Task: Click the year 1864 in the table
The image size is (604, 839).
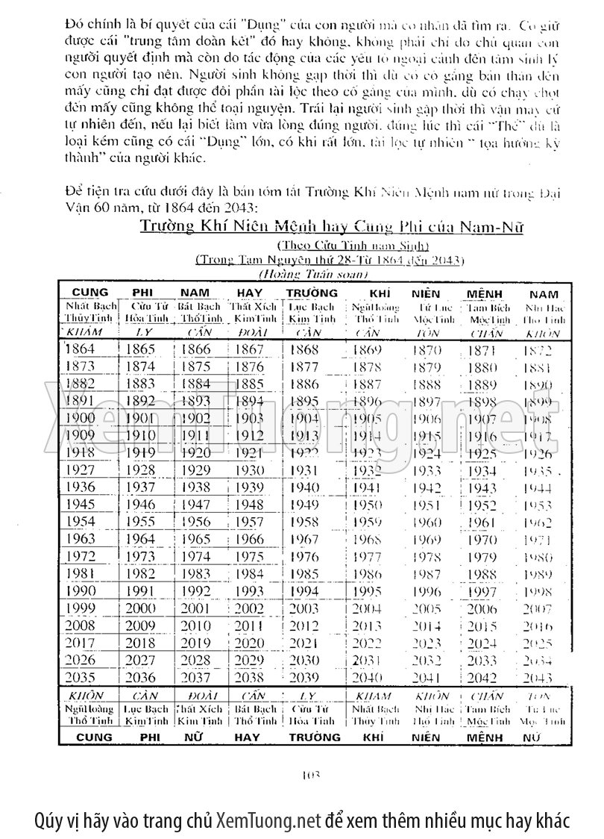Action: (80, 349)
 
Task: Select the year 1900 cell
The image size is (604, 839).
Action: (80, 418)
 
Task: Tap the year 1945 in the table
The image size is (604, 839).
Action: (80, 504)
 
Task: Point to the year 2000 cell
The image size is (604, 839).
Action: (140, 608)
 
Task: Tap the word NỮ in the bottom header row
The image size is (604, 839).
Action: (196, 737)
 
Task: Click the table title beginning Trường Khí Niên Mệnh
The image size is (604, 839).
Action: (331, 226)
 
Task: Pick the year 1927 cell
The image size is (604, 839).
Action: (80, 470)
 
